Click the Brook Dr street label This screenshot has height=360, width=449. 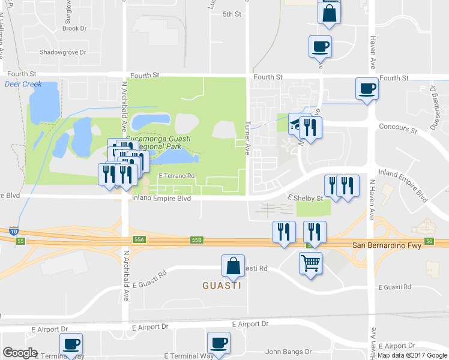(x=74, y=28)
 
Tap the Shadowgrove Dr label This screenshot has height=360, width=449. (x=63, y=52)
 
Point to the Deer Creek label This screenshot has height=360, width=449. (x=23, y=85)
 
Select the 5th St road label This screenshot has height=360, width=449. (x=231, y=14)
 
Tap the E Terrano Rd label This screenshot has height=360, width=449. (x=177, y=176)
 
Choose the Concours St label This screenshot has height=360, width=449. (x=398, y=128)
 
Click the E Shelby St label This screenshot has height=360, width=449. (x=306, y=198)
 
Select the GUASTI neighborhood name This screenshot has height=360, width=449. (x=221, y=286)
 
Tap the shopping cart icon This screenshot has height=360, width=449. (x=310, y=263)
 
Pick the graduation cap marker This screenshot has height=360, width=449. (x=296, y=124)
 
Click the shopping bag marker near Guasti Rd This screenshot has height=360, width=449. (x=233, y=266)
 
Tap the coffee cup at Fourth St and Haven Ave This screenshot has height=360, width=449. (x=367, y=89)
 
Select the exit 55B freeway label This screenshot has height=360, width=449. (x=197, y=239)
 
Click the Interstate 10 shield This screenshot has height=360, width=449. (x=13, y=230)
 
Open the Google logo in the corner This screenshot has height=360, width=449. (x=20, y=353)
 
